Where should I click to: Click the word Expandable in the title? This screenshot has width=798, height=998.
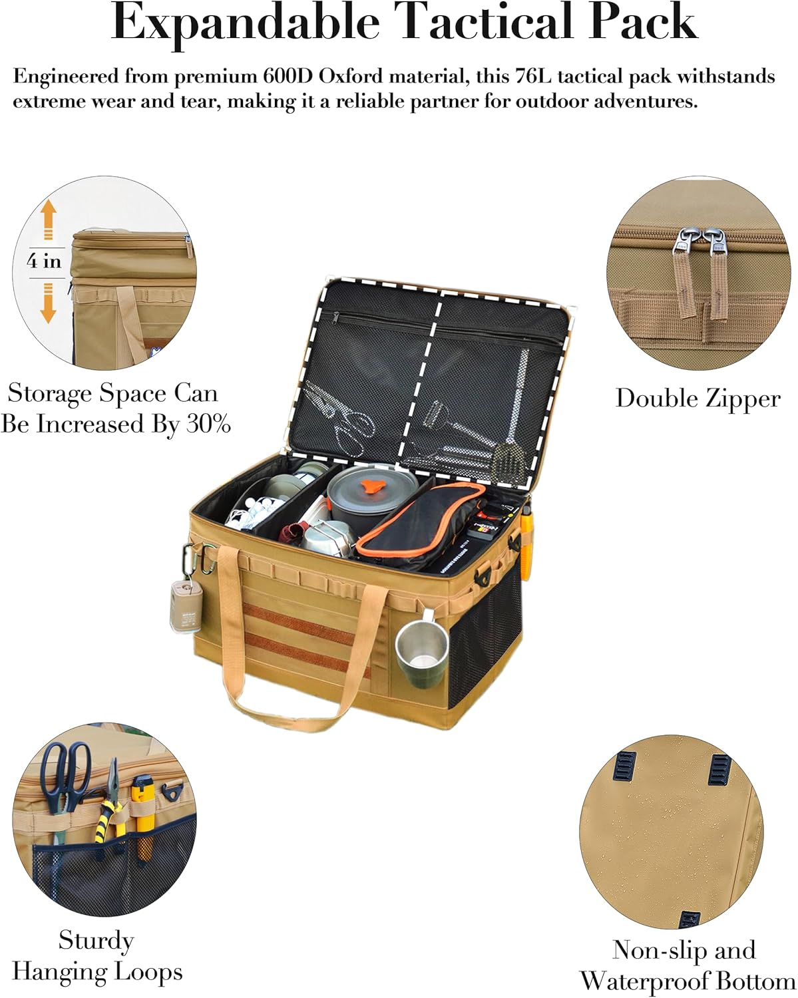tap(245, 24)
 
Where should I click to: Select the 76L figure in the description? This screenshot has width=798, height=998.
tap(534, 77)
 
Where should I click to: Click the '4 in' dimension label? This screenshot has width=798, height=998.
tap(45, 261)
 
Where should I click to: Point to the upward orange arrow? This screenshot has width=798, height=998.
tap(48, 221)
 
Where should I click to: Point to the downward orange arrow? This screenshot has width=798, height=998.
tap(48, 304)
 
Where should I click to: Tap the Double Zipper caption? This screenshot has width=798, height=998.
tap(698, 399)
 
